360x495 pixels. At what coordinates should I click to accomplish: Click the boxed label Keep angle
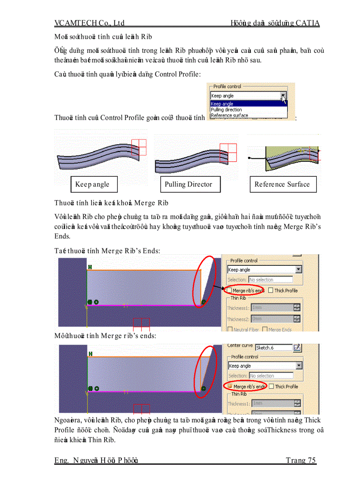pyautogui.click(x=94, y=184)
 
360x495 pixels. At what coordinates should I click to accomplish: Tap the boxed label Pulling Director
pyautogui.click(x=188, y=184)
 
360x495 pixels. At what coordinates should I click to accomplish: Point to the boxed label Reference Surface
pyautogui.click(x=282, y=184)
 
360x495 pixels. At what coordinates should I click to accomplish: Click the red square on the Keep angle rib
pyautogui.click(x=139, y=147)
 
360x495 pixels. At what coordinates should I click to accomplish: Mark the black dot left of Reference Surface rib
pyautogui.click(x=249, y=157)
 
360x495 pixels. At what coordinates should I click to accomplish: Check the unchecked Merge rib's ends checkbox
pyautogui.click(x=229, y=290)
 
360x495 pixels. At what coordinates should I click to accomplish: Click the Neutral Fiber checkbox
pyautogui.click(x=230, y=329)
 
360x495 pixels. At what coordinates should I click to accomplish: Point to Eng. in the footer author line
pyautogui.click(x=62, y=460)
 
